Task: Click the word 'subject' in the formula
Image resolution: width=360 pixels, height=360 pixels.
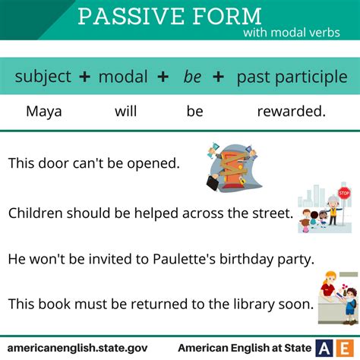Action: click(x=43, y=77)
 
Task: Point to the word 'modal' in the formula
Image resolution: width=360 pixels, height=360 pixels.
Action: click(x=123, y=77)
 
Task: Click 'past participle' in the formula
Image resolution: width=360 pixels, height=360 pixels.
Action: click(x=292, y=77)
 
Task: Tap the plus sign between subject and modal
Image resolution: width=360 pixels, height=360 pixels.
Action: click(x=84, y=77)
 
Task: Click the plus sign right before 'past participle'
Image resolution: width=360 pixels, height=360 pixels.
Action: click(x=218, y=77)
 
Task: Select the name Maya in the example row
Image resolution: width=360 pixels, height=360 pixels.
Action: click(x=43, y=112)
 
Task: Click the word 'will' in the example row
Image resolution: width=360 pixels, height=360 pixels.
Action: click(x=125, y=112)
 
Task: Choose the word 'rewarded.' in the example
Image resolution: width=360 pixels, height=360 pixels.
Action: click(x=292, y=112)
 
